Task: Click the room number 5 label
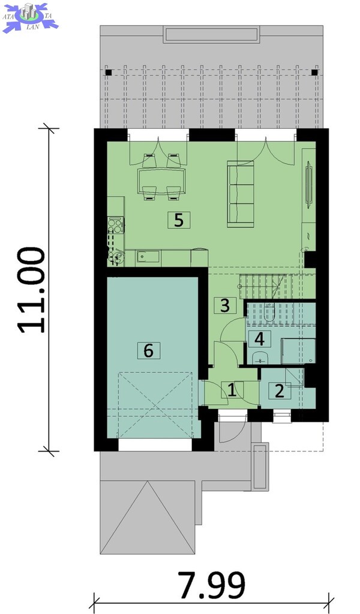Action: (179, 220)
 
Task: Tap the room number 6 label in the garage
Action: (148, 350)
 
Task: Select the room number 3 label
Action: (225, 305)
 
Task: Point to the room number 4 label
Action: (259, 339)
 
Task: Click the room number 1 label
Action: (232, 390)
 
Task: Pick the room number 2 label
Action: (280, 390)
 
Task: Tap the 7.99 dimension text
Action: (212, 585)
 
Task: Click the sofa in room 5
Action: (241, 194)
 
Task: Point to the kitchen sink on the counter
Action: (148, 257)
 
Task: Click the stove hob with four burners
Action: (116, 225)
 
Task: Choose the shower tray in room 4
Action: (298, 351)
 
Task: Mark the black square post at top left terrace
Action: (109, 73)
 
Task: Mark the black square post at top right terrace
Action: (314, 72)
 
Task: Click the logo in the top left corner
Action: (30, 17)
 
